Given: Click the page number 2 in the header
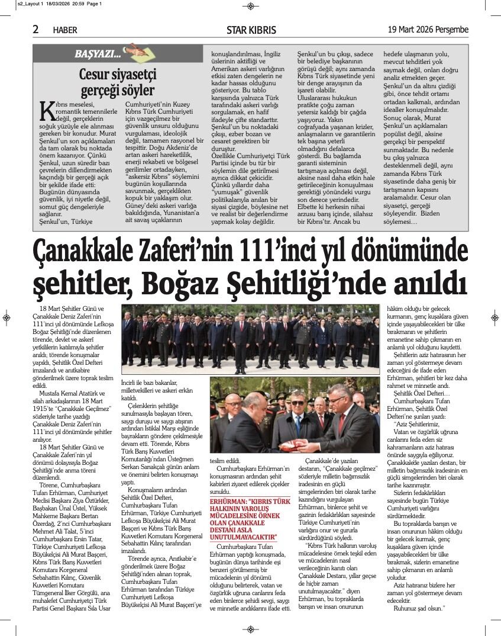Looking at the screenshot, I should coord(36,29).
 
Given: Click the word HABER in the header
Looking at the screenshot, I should coord(64,30).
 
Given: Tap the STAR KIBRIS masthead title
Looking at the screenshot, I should coord(251,30).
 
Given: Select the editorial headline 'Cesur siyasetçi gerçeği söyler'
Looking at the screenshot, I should coord(117,82).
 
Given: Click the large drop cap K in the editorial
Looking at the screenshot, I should coord(46,111).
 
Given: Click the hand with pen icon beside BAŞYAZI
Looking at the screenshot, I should coord(132,52).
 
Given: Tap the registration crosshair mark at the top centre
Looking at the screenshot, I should coord(251,6).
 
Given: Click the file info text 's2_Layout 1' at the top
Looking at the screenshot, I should coord(17,4).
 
